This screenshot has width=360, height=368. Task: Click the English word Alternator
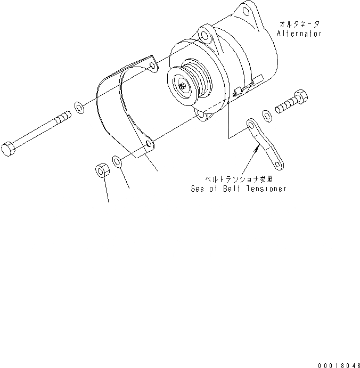coord(299,34)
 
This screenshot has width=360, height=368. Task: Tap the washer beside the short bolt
coord(267,113)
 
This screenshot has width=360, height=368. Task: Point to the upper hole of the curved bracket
coord(152,66)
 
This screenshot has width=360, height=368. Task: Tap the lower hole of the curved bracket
coord(148,144)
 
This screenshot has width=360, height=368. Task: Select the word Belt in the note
coord(237,189)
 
